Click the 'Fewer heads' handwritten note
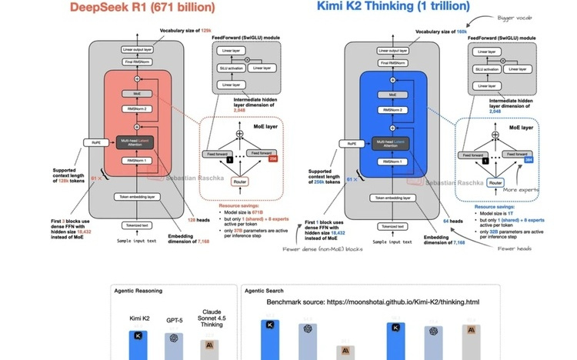[513, 248]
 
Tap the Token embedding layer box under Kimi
[391, 198]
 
